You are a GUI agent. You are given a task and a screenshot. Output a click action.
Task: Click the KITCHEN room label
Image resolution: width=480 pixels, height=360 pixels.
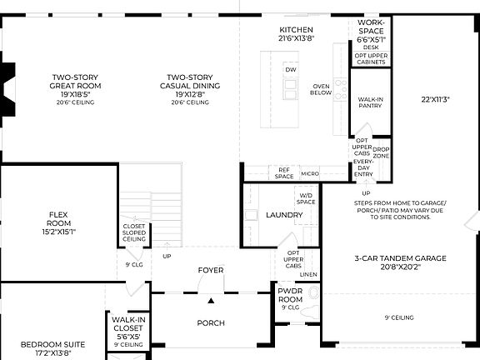point(296,30)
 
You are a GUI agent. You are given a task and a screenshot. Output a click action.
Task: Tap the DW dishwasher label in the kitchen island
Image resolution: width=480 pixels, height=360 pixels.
point(291,70)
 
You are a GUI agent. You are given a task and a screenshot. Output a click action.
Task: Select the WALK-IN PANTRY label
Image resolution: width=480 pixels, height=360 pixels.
point(371,102)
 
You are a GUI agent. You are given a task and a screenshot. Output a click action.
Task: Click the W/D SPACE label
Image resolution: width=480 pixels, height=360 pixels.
point(307,199)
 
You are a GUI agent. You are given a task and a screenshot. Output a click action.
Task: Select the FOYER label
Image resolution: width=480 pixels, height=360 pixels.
point(210,270)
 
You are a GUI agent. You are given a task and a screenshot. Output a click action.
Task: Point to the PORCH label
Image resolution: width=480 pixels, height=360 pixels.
point(210,322)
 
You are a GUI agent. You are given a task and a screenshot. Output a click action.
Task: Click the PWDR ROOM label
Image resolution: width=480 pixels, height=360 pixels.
point(291,295)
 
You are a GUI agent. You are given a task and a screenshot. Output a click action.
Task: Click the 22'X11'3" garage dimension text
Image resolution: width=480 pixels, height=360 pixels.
point(435,99)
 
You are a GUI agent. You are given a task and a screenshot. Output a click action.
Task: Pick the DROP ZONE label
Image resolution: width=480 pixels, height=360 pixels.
point(381,153)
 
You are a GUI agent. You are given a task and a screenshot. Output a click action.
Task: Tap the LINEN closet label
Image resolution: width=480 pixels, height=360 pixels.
point(308,274)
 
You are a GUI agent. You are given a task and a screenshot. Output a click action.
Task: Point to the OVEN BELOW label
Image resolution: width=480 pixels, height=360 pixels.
point(321,89)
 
